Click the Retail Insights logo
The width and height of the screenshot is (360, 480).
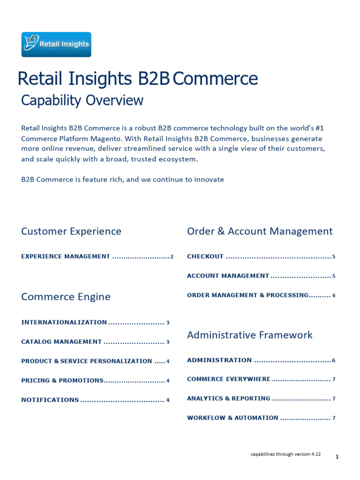56,45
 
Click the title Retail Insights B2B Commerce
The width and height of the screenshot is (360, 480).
137,79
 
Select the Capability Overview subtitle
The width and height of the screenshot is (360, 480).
82,100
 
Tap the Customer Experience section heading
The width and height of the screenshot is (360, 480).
71,231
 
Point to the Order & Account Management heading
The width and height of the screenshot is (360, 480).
260,231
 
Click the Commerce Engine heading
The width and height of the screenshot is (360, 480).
66,297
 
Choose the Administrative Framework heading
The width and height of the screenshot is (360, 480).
249,335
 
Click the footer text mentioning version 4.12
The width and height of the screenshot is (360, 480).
285,455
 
